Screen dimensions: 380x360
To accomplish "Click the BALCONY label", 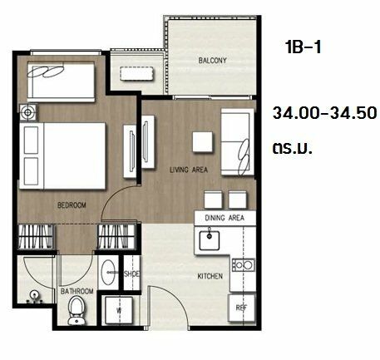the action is [213, 61].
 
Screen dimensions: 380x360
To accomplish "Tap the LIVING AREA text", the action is [189, 170].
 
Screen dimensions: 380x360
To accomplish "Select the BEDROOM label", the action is [72, 205].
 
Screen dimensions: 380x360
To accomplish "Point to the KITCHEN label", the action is [210, 276].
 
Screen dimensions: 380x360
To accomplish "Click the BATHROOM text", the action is [76, 291].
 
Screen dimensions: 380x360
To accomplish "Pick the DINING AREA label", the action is [225, 218].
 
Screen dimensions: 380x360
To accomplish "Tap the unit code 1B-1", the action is [304, 47].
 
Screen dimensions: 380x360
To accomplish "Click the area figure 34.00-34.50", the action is [325, 113].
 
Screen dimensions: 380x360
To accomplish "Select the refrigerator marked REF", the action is [242, 308].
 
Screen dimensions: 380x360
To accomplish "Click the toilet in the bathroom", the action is [76, 310].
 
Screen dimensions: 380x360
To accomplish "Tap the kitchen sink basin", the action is [210, 240].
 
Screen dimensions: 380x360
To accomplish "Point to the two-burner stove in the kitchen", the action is [244, 265].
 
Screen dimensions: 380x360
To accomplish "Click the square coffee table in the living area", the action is [203, 141].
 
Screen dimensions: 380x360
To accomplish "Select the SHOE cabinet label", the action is [131, 274].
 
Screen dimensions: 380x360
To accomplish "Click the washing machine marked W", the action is [119, 310].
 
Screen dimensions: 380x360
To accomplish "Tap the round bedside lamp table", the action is [27, 112].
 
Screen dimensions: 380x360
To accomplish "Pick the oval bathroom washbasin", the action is [107, 272].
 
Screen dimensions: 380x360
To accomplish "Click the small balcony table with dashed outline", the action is [137, 74].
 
